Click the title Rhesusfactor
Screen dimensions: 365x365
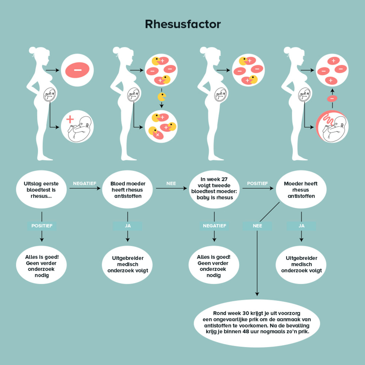[x=182, y=24]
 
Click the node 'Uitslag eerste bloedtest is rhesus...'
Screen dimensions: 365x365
[x=41, y=190]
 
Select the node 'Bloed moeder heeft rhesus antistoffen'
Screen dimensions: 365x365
[x=127, y=190]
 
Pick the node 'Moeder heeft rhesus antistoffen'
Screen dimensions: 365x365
[x=301, y=190]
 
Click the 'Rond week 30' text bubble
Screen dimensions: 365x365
[x=257, y=323]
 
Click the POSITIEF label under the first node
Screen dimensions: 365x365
[x=42, y=226]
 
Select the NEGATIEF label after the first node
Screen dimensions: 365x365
[x=84, y=183]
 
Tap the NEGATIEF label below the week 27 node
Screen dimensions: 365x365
[x=214, y=226]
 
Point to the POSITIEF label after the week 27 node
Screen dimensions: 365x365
[x=257, y=183]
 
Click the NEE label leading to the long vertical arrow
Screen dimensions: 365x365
[x=257, y=226]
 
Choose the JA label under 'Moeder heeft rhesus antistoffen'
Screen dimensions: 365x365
[x=301, y=226]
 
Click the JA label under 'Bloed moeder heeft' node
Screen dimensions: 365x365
[x=128, y=226]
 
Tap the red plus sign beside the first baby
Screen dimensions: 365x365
[x=70, y=119]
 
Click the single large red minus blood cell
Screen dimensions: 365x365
[x=77, y=70]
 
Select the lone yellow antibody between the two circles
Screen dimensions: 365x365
[x=162, y=97]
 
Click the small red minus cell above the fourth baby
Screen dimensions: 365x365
[x=332, y=99]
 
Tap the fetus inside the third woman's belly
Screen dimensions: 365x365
[x=221, y=95]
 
